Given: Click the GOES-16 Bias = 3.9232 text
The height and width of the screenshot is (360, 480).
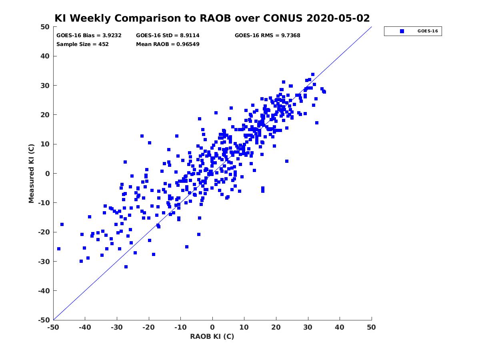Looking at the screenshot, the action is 89,36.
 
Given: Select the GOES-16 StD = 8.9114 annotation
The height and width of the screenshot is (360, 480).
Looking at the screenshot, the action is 168,36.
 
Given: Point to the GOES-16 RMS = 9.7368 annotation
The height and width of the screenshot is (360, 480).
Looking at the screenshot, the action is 267,36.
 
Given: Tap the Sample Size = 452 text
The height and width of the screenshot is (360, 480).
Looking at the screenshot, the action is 82,44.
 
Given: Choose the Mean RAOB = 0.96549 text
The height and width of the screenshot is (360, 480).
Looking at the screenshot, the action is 168,44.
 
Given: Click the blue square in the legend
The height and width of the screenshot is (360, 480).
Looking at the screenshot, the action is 402,31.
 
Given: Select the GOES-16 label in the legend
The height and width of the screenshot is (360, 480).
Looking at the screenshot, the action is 428,31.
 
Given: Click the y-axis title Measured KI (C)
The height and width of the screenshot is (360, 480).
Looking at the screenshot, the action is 31,173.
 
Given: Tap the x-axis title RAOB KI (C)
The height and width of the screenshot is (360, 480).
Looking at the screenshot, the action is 212,336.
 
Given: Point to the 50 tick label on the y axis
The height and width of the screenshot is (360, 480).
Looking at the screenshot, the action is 45,27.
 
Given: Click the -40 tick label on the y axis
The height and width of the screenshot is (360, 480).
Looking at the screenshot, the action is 44,291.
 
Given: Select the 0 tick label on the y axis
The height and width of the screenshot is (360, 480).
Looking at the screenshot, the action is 48,174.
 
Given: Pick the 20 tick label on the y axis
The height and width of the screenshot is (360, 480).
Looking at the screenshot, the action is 45,115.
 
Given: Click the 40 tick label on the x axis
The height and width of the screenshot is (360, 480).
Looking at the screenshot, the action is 340,327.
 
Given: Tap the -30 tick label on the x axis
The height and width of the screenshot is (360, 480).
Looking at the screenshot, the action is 116,327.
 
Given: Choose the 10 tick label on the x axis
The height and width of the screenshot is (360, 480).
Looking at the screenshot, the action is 244,327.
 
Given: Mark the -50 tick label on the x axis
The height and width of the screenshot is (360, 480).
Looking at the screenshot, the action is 53,327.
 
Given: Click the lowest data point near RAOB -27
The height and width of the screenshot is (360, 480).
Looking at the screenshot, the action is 126,267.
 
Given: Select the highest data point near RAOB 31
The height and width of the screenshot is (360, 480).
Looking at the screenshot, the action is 313,74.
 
